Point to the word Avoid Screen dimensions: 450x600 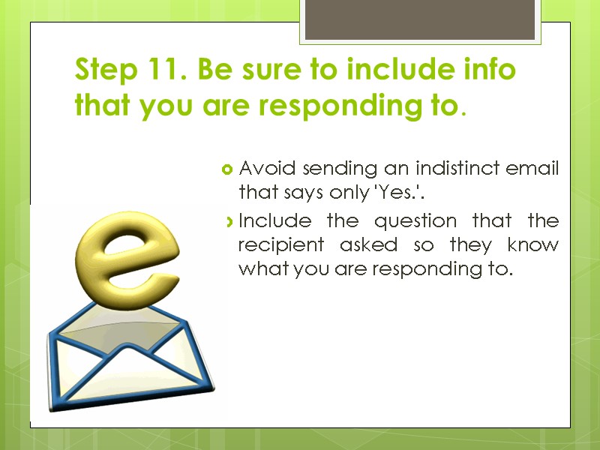click(259, 168)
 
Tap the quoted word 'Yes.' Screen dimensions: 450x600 click(400, 193)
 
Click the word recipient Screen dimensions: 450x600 click(280, 246)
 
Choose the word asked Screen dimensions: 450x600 click(363, 245)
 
